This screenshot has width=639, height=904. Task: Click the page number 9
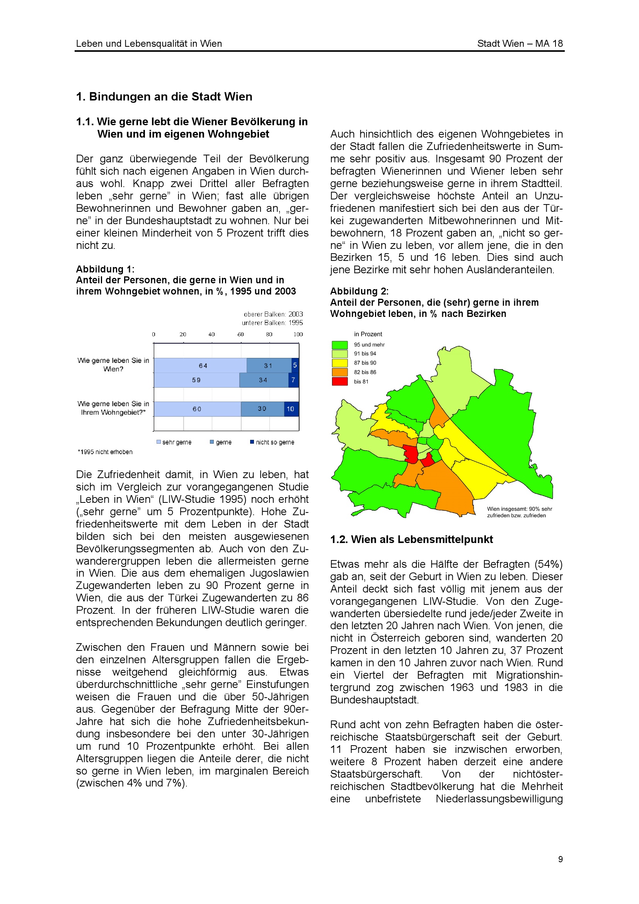[x=560, y=859]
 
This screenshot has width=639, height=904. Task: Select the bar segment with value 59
[x=196, y=380]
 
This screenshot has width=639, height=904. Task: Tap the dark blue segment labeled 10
[x=291, y=409]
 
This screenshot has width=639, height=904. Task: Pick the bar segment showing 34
[x=263, y=380]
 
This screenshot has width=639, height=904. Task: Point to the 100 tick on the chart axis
[x=298, y=334]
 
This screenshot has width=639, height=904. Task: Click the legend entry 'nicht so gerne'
[x=272, y=442]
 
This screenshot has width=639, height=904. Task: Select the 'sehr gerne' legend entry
[x=174, y=442]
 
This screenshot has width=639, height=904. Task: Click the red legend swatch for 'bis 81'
[x=339, y=381]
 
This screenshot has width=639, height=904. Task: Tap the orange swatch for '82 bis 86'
[x=339, y=372]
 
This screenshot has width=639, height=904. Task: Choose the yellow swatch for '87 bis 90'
[x=339, y=363]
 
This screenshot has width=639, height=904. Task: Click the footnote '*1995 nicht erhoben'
[x=105, y=451]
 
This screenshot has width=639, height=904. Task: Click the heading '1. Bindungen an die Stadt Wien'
[x=164, y=97]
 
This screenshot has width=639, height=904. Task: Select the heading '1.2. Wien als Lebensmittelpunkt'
[x=411, y=540]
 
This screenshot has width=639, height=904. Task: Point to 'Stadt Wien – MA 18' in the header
[x=520, y=43]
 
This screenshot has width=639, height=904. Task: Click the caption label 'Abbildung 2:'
[x=359, y=291]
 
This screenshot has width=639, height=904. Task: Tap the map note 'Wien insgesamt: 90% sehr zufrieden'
[x=519, y=512]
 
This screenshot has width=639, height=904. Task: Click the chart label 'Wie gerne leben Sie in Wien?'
[x=113, y=364]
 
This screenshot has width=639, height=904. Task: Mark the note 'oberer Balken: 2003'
[x=273, y=314]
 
